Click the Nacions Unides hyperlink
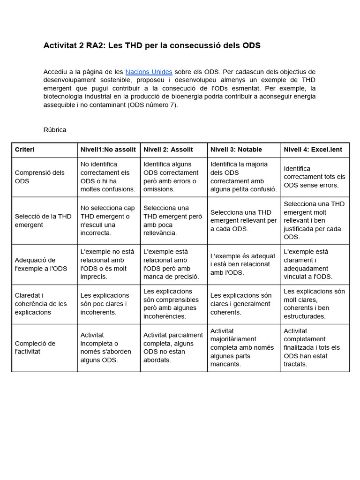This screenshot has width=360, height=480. [x=149, y=72]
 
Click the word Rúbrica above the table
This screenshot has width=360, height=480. [x=55, y=130]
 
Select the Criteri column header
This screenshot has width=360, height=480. [x=25, y=150]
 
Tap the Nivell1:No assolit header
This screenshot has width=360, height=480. [x=108, y=150]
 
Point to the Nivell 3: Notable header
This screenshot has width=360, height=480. [x=236, y=150]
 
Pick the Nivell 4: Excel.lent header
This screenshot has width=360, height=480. [x=313, y=150]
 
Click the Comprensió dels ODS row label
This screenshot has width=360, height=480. [x=40, y=177]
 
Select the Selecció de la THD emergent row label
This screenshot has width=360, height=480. [x=43, y=220]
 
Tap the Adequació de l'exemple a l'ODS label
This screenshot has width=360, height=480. [x=41, y=264]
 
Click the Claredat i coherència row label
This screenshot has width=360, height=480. [x=41, y=304]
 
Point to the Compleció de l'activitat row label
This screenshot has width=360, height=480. [x=35, y=347]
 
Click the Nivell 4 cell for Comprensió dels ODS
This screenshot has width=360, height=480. [x=315, y=177]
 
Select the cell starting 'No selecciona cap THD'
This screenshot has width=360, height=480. [x=108, y=220]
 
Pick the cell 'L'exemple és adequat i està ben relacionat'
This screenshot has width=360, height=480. [x=243, y=264]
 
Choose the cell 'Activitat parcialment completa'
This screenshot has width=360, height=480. [x=173, y=347]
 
